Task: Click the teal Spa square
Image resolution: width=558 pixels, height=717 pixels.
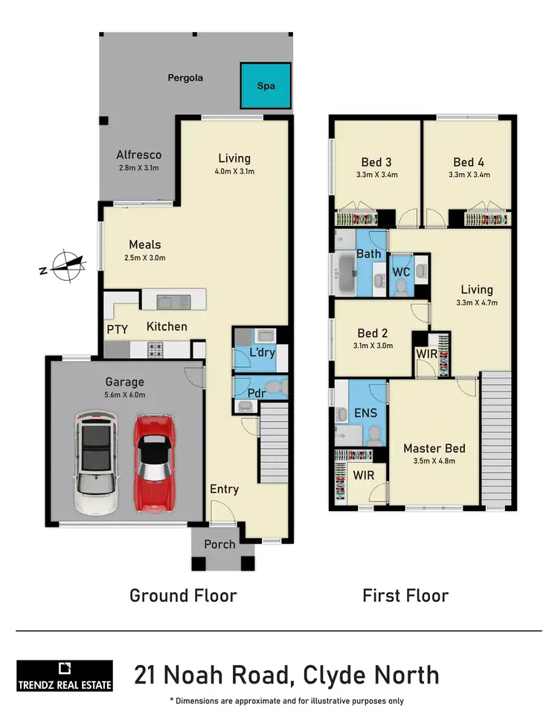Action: click(x=265, y=85)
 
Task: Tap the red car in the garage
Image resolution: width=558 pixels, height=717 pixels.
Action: click(x=155, y=464)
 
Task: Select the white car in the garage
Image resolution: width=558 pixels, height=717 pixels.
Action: click(x=96, y=465)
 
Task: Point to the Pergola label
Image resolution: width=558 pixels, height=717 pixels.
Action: click(x=185, y=77)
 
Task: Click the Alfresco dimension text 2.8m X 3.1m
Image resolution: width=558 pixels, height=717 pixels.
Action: click(x=138, y=169)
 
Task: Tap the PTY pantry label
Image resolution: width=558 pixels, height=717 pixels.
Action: click(x=116, y=328)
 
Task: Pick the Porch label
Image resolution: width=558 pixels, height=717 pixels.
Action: click(x=219, y=544)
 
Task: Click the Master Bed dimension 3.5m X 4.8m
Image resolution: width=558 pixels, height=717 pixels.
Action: click(x=434, y=461)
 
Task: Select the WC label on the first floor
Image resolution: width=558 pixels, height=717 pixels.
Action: click(x=401, y=272)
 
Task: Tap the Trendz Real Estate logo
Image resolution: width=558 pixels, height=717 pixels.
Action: click(x=65, y=675)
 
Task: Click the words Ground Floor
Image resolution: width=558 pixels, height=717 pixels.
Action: click(x=183, y=595)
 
